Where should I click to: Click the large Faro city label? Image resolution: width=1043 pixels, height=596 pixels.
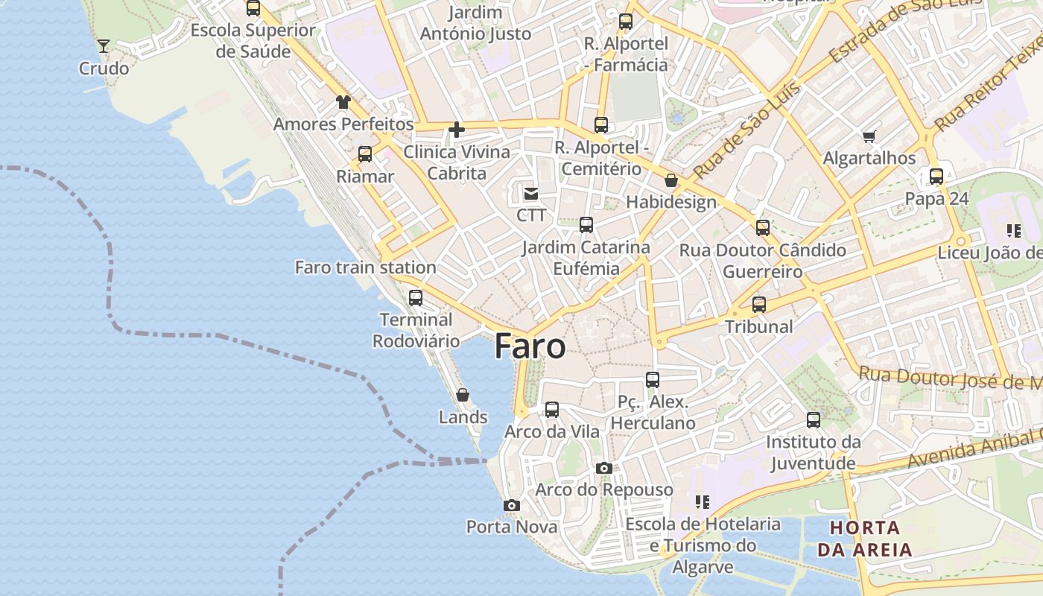pos(530,346)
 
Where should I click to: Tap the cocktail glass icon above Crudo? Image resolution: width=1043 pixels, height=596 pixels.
pos(104,46)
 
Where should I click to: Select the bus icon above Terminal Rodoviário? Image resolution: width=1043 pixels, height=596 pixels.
pos(416,298)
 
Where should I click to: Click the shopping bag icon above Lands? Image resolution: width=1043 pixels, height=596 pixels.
pos(463,395)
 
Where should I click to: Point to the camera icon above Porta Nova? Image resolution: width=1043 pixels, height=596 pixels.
pos(511,506)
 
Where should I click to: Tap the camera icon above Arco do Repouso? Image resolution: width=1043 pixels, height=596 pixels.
pos(604,469)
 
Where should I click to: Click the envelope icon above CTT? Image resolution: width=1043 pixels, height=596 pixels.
pos(531,194)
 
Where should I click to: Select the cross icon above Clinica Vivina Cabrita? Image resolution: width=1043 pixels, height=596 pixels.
pos(457,130)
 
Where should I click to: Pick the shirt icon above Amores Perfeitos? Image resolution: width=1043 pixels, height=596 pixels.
pos(343,102)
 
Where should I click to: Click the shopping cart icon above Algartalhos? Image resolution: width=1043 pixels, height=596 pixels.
pos(869,136)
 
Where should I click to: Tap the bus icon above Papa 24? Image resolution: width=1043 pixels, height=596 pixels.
pos(936,177)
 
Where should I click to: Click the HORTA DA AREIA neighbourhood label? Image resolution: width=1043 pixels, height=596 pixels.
pos(865,539)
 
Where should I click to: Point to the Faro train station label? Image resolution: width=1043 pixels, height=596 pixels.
pos(365,267)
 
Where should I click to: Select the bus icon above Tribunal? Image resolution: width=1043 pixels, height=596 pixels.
pos(759,305)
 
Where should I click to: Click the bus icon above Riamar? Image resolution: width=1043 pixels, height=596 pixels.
pos(365,154)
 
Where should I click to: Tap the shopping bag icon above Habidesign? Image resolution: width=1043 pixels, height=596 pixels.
pos(671,180)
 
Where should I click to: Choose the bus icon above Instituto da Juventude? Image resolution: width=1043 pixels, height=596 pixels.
pos(814,420)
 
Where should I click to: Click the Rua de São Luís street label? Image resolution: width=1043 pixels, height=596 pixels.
pos(748,130)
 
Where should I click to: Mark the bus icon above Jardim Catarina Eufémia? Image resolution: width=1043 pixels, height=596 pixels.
pos(586,225)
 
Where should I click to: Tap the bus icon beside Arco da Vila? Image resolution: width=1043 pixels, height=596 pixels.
pos(552,410)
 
